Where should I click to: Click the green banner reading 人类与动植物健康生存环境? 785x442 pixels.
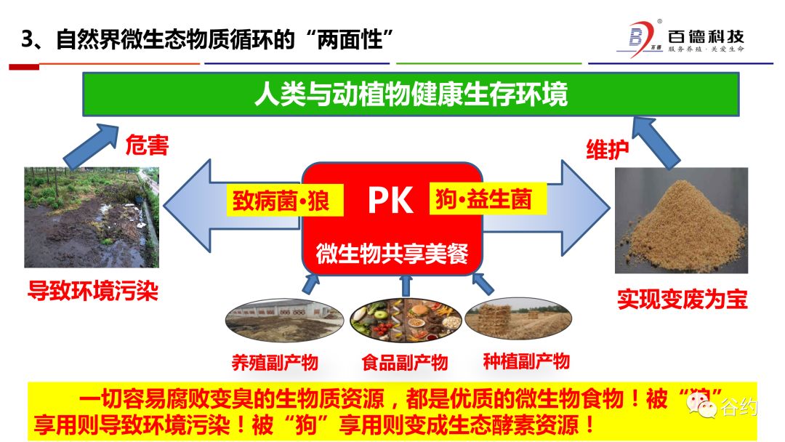(411, 95)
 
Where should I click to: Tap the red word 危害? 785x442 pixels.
(147, 145)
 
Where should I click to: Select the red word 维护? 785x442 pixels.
(607, 149)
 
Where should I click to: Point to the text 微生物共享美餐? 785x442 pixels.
(392, 254)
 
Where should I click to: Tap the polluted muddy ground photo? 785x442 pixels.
(91, 217)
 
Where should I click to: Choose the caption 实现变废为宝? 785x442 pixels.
(682, 299)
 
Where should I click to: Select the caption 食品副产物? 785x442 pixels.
(404, 361)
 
